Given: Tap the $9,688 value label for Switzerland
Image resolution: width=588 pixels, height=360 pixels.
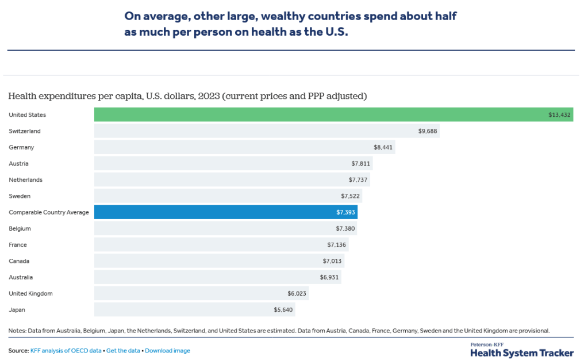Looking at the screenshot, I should coord(428,131).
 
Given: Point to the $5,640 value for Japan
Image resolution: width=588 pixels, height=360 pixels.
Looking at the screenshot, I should coord(283,310).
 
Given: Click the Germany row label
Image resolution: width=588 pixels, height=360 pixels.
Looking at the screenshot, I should coord(21,147).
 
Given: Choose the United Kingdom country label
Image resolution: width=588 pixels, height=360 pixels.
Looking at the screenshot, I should coord(30,293).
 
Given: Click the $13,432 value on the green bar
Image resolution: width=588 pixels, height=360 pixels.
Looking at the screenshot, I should coord(559,115).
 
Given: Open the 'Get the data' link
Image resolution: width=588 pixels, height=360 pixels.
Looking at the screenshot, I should coord(124,351).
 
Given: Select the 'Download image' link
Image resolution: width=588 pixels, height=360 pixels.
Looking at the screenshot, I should coord(167,351).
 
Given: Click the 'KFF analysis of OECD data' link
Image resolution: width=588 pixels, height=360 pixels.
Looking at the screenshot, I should coord(66,351).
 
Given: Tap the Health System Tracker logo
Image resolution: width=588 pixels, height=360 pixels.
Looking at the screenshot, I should coord(521,350).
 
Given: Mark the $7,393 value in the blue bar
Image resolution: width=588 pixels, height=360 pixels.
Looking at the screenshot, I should coord(345,213).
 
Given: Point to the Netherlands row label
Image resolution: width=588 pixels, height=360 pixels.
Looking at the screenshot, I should coord(25,180).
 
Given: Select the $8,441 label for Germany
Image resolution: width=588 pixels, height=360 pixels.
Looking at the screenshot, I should coord(383,148).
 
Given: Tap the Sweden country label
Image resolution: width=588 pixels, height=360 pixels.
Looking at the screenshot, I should coord(20,196).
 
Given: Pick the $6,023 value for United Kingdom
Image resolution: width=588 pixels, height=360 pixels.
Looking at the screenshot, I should coord(297,294).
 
